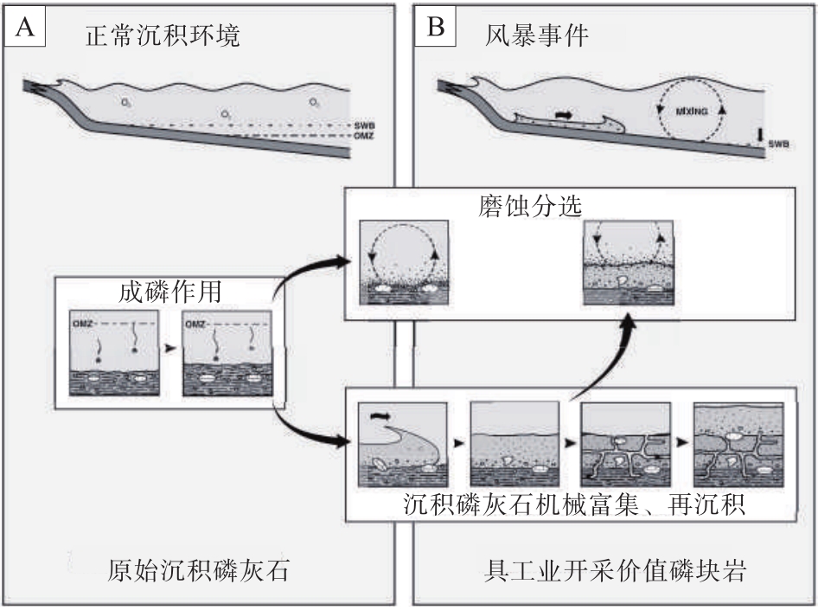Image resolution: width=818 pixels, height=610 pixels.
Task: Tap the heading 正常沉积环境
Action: (x=162, y=37)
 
